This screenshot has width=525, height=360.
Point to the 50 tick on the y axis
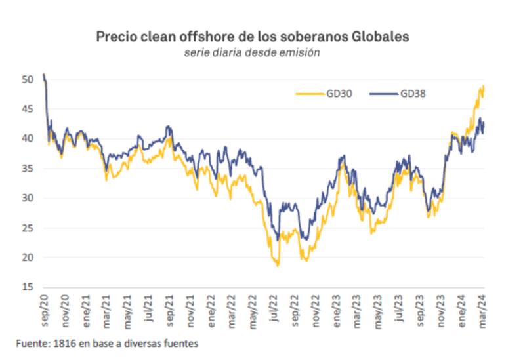pos(27,79)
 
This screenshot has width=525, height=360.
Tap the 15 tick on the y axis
pos(27,287)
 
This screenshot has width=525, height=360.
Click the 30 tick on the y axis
pos(27,198)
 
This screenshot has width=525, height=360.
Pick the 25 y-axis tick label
pos(27,228)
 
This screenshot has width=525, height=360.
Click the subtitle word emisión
pos(300,53)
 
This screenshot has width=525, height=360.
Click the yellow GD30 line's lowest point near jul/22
pos(278,266)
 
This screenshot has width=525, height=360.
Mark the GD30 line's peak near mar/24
pos(483,86)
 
